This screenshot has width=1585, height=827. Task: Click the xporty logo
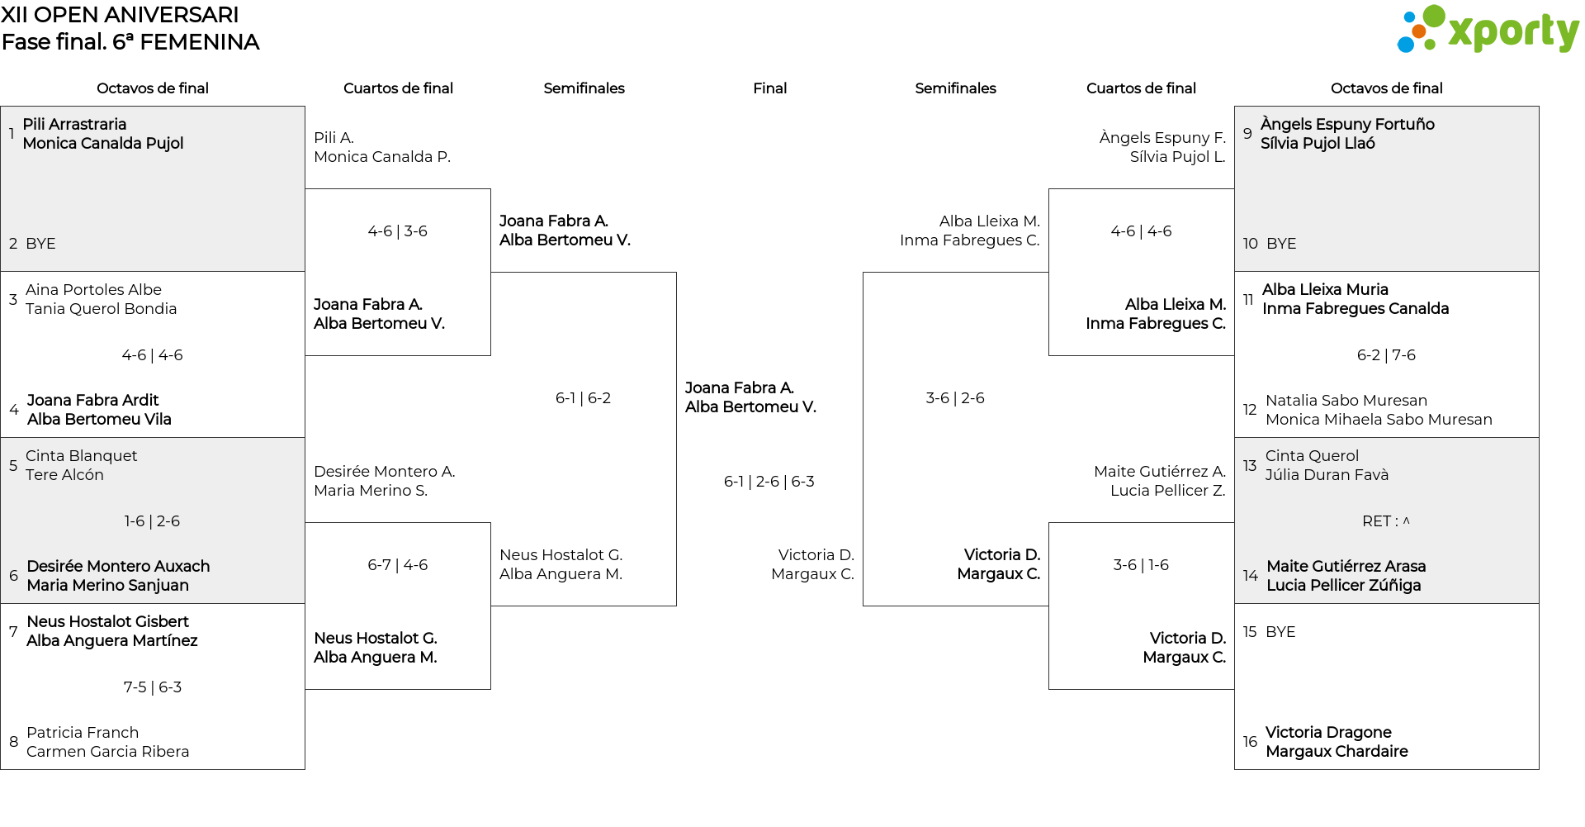pyautogui.click(x=1488, y=30)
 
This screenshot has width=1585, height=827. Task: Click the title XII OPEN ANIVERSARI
pyautogui.click(x=120, y=15)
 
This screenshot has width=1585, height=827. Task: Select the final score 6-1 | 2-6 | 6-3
pyautogui.click(x=769, y=482)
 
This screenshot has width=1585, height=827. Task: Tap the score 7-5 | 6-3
pyautogui.click(x=153, y=687)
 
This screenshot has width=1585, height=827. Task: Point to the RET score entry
pyautogui.click(x=1386, y=521)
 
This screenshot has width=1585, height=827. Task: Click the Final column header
pyautogui.click(x=769, y=88)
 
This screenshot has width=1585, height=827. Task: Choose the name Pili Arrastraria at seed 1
pyautogui.click(x=74, y=124)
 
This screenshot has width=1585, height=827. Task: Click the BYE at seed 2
pyautogui.click(x=40, y=244)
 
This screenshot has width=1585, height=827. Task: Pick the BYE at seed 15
pyautogui.click(x=1280, y=632)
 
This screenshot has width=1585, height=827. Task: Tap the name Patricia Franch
pyautogui.click(x=83, y=733)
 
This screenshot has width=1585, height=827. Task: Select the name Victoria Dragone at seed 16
pyautogui.click(x=1328, y=732)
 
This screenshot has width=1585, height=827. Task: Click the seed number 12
pyautogui.click(x=1250, y=410)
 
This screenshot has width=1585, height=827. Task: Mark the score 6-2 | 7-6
pyautogui.click(x=1386, y=355)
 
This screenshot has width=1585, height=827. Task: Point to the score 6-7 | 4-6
pyautogui.click(x=398, y=565)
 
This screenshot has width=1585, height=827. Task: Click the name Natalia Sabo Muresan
pyautogui.click(x=1346, y=401)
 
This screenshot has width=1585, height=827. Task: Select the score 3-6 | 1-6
pyautogui.click(x=1141, y=565)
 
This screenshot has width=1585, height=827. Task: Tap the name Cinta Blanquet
pyautogui.click(x=81, y=456)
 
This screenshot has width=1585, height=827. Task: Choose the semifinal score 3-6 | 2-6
pyautogui.click(x=955, y=398)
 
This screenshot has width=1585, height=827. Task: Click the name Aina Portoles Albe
pyautogui.click(x=93, y=290)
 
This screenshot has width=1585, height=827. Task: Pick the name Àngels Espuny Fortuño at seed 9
pyautogui.click(x=1347, y=124)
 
